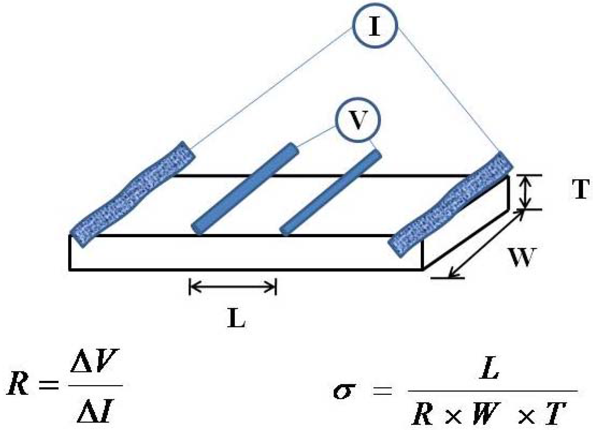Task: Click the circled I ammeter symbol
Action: coord(375,26)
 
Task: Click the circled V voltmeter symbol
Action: coord(358,120)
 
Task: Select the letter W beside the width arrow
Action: coord(521,257)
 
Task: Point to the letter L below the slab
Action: coord(236,318)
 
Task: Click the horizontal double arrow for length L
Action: coord(233,286)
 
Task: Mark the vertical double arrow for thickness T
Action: coord(526,192)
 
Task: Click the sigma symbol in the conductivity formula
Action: coord(344,391)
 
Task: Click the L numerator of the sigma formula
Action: coord(489,368)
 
